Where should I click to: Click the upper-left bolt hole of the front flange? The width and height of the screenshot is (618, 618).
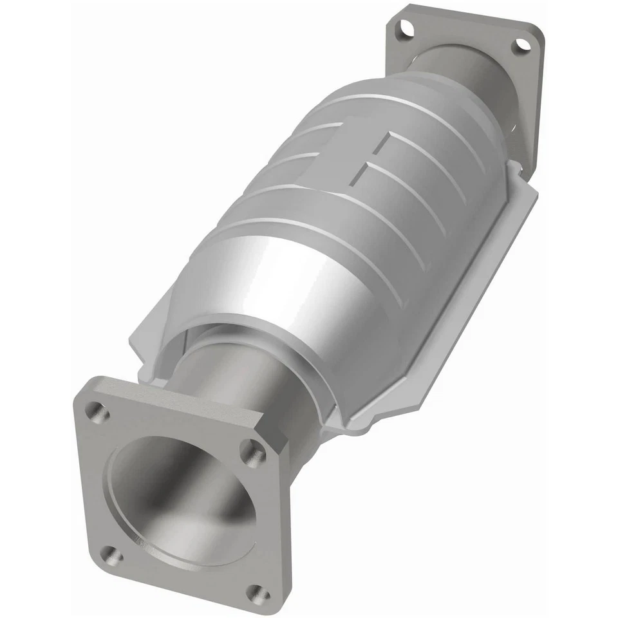tap(97, 411)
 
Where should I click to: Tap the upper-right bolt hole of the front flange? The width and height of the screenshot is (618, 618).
tap(253, 453)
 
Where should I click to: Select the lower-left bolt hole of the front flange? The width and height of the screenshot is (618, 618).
tap(113, 555)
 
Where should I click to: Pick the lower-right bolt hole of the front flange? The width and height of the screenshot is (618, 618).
tap(259, 594)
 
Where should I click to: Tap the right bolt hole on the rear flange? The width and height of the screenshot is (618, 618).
tap(521, 45)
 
